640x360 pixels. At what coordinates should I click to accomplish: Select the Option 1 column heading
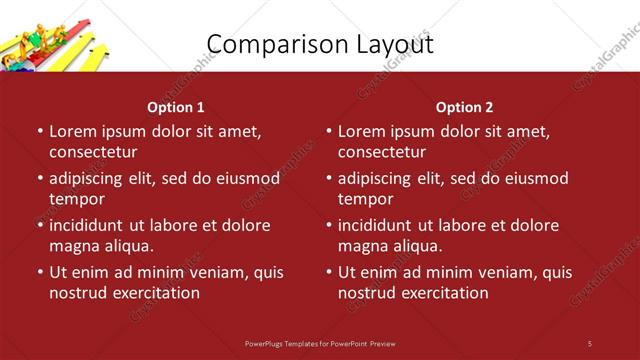coord(176,107)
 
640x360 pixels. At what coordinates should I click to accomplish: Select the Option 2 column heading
coord(464,107)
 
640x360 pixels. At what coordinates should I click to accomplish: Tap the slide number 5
coord(590,343)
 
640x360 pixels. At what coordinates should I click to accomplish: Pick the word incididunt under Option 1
coord(90,225)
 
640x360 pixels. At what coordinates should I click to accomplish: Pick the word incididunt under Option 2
coord(379,225)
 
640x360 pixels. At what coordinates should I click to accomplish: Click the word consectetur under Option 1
coord(93,152)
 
